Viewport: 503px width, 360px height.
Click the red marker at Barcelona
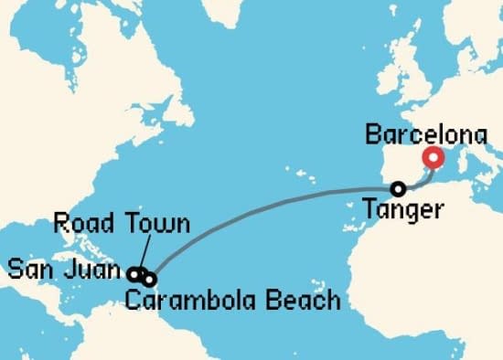434,159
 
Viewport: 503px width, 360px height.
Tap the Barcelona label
425,136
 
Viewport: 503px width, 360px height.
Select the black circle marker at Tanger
399,189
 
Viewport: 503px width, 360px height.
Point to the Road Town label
122,223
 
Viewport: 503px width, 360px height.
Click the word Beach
301,299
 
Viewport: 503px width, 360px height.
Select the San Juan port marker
134,273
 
